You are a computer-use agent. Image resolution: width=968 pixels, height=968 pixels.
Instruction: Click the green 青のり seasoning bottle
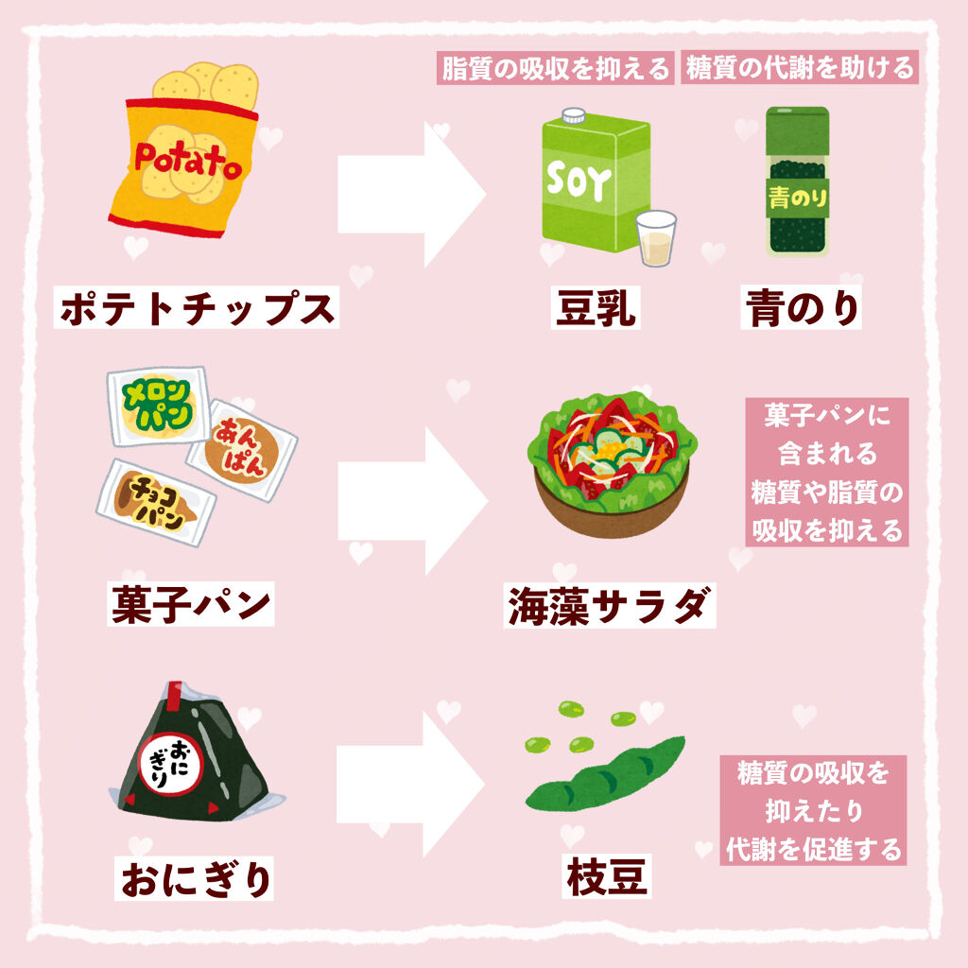797,181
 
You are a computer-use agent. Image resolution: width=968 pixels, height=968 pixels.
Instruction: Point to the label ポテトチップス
197,308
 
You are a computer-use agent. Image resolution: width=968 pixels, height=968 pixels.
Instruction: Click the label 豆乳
596,308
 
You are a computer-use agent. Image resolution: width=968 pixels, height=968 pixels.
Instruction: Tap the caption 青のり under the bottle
802,308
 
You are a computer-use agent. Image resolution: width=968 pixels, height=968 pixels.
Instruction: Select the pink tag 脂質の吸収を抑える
556,69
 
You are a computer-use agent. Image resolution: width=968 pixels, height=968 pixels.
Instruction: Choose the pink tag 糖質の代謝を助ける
800,69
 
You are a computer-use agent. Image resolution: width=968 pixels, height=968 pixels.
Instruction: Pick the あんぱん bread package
242,448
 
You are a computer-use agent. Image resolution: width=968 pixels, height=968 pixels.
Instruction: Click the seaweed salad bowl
610,463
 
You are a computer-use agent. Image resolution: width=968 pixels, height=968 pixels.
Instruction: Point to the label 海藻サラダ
608,606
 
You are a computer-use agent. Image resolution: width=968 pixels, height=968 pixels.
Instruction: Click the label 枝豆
607,876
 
